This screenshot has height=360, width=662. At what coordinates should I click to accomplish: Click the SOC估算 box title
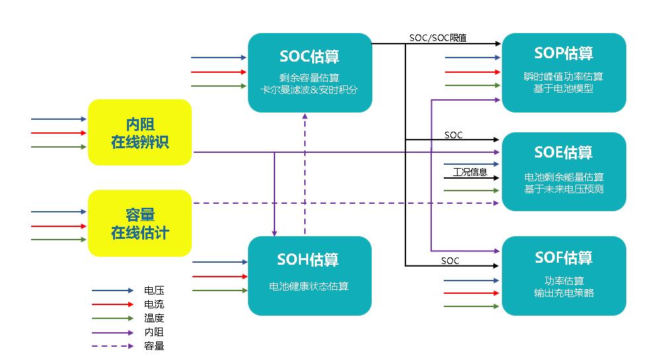click(310, 56)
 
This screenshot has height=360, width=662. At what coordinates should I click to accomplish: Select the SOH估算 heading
click(310, 259)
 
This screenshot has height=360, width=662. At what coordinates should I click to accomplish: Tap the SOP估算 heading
click(563, 53)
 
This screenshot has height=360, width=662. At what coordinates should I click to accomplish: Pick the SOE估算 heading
click(563, 152)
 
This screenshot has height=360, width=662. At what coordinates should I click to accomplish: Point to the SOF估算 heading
click(563, 257)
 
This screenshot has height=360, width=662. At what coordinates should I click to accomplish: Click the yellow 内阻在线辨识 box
click(140, 132)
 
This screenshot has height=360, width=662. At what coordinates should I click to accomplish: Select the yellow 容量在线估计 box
click(140, 223)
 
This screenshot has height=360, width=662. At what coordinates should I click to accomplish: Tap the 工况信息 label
click(470, 173)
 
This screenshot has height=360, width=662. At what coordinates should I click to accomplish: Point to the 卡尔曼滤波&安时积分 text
click(310, 89)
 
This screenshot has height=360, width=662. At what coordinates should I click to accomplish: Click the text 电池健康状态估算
click(309, 287)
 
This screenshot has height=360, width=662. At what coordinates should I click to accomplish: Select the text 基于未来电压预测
click(563, 189)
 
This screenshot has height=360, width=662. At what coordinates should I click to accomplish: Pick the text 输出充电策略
click(563, 292)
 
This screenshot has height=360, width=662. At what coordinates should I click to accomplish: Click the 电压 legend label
click(154, 291)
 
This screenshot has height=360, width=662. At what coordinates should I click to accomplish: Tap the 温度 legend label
click(154, 318)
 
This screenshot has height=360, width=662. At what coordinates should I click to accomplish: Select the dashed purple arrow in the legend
click(112, 346)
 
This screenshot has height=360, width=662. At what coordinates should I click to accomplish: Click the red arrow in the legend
click(112, 304)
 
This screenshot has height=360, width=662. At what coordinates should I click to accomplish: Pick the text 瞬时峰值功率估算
click(563, 77)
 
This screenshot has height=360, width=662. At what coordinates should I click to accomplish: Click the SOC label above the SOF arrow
click(450, 261)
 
